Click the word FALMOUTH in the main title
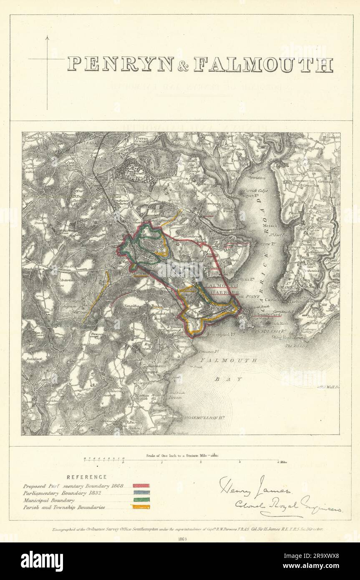coord(263,65)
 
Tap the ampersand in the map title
coord(183,66)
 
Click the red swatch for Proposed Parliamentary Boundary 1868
coord(141,486)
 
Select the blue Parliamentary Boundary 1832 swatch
coord(141,493)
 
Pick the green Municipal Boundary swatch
coord(141,500)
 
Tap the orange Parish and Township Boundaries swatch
coord(141,507)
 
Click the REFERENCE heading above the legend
coord(86,477)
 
